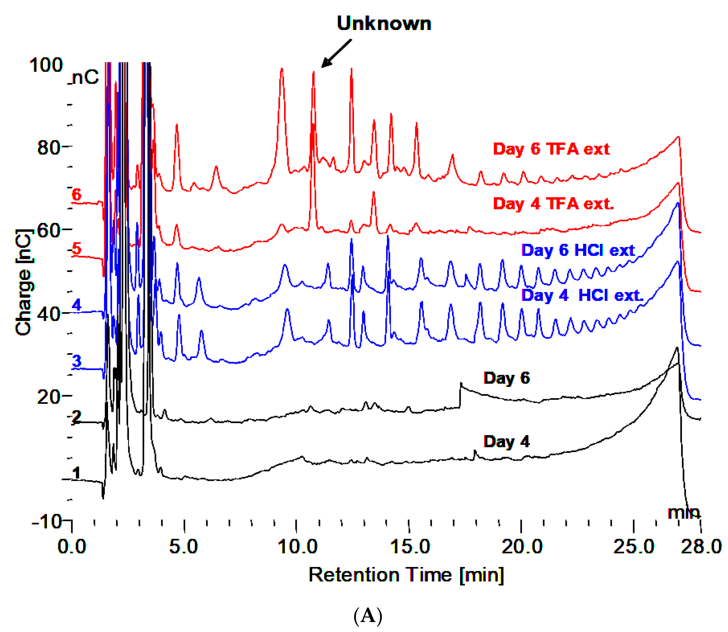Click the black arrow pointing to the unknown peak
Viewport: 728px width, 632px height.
click(x=336, y=53)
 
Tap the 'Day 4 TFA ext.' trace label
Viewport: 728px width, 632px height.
click(x=553, y=204)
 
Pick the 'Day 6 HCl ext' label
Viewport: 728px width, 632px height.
click(x=578, y=250)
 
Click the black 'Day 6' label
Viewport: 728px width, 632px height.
click(x=506, y=378)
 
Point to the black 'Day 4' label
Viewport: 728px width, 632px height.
click(x=506, y=442)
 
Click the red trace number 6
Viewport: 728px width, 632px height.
click(x=77, y=195)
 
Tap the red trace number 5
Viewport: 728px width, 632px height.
click(x=77, y=249)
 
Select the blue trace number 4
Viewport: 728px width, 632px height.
click(x=77, y=305)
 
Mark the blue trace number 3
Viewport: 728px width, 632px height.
click(x=77, y=361)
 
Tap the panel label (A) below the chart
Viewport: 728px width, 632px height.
click(x=368, y=616)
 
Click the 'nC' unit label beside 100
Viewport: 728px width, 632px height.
click(x=86, y=77)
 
